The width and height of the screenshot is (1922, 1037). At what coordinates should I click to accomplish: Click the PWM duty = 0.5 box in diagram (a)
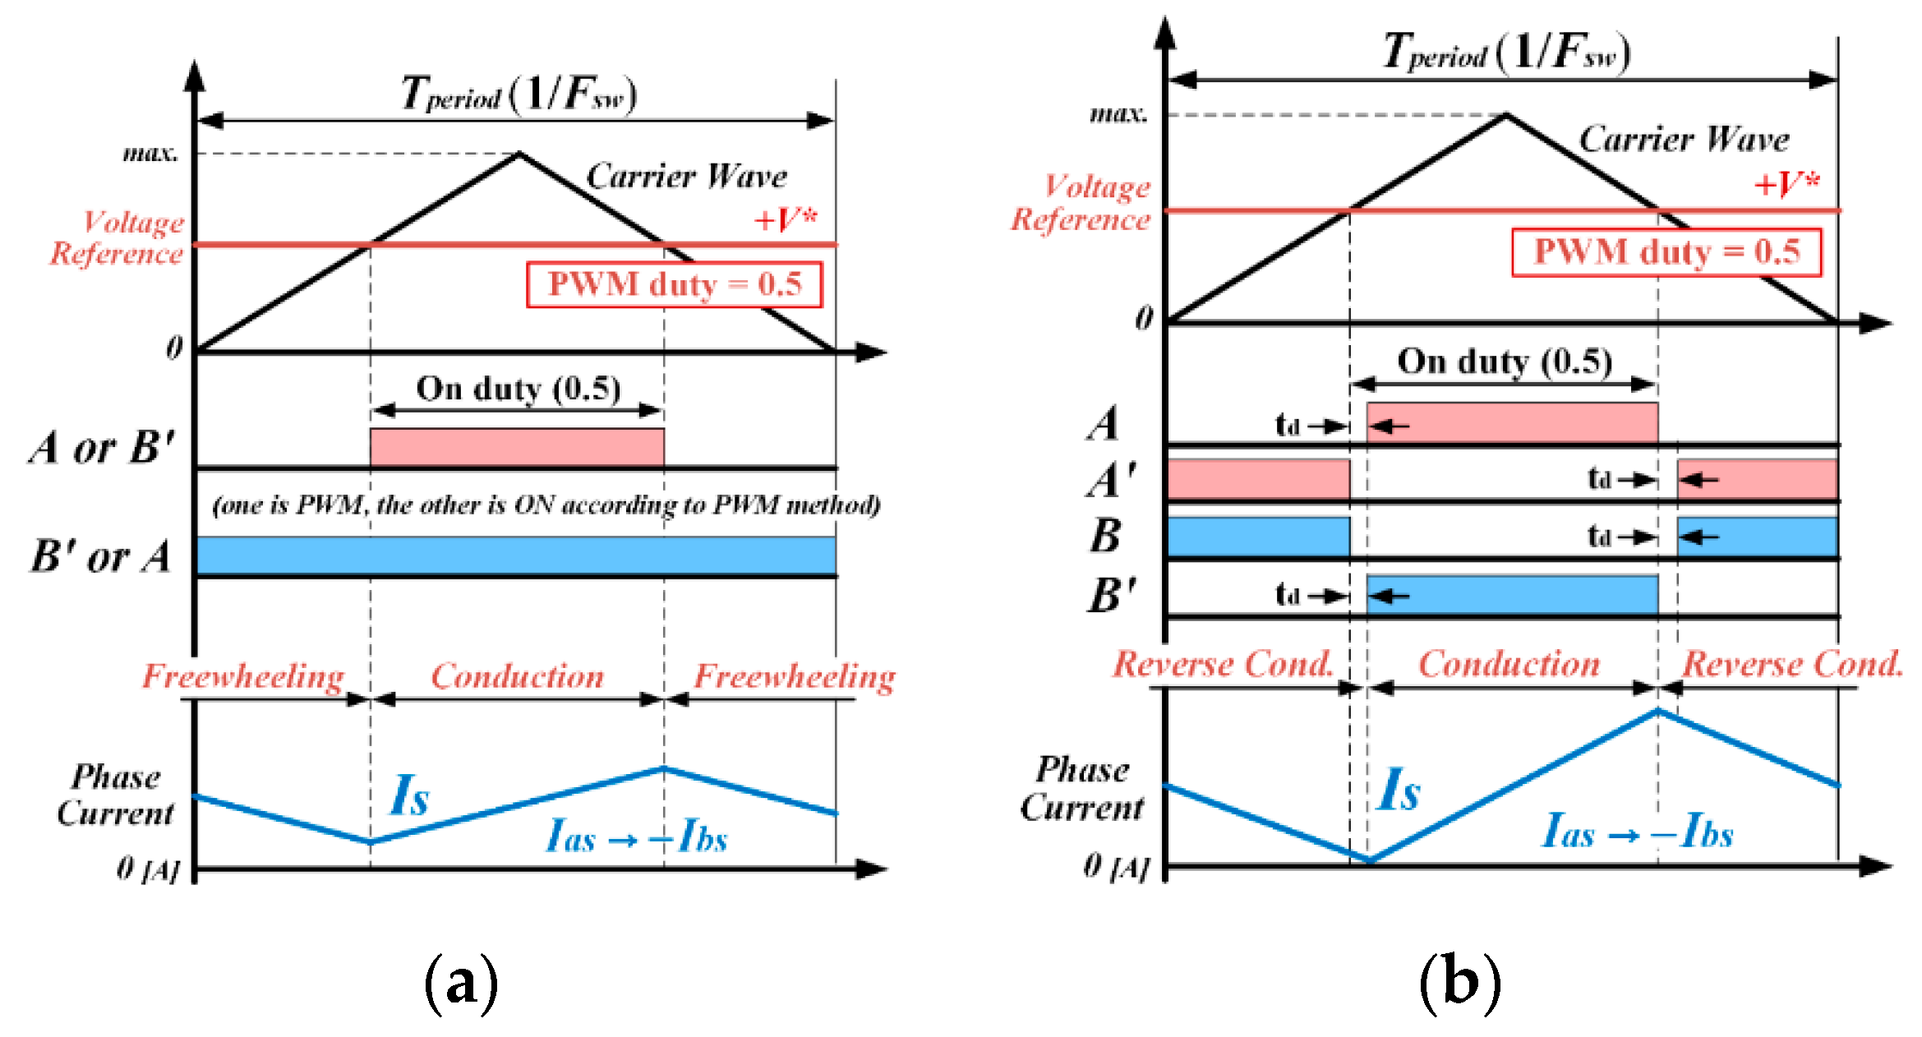click(x=674, y=284)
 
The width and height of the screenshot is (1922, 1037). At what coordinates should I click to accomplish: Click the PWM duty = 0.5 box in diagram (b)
click(x=1666, y=252)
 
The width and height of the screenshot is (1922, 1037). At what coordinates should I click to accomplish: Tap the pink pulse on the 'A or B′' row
click(x=517, y=447)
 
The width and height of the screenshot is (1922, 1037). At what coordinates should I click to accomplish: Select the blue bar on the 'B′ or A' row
click(x=516, y=555)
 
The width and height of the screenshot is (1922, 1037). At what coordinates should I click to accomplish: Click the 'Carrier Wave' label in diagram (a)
click(x=686, y=177)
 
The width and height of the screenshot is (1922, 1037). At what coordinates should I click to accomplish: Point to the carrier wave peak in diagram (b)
click(x=1506, y=115)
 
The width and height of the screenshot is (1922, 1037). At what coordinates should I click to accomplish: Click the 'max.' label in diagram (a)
click(x=150, y=153)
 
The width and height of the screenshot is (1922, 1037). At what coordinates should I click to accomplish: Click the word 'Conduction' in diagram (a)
click(x=518, y=676)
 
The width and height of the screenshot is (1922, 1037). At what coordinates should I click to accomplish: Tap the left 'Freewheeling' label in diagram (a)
click(x=243, y=676)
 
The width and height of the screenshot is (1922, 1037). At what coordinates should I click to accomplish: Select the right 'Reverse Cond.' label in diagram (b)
click(x=1791, y=664)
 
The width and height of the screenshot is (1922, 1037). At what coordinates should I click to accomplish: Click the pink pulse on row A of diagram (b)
click(x=1512, y=422)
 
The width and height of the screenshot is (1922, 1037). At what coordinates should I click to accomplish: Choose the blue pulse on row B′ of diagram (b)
click(x=1512, y=595)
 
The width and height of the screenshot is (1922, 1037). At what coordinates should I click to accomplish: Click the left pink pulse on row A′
click(x=1258, y=479)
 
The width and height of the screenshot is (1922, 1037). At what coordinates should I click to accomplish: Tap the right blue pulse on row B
click(x=1757, y=537)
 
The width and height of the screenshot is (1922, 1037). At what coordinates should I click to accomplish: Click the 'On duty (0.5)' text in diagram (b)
click(x=1505, y=362)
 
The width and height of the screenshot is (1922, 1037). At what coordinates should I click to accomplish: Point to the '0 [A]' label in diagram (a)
click(x=147, y=868)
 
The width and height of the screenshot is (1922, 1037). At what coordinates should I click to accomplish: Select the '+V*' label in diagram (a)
click(x=786, y=219)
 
